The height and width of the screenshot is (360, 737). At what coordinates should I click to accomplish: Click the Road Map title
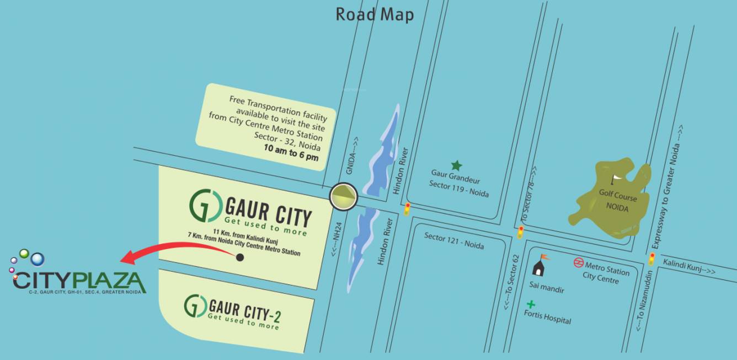[375, 14]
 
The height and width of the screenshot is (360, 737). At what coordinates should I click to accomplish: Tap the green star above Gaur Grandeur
[456, 165]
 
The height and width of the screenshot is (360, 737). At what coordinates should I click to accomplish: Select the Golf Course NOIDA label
[617, 202]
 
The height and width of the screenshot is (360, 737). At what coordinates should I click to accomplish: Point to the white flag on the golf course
[616, 179]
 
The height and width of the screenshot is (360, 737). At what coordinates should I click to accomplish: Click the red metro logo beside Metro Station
[579, 262]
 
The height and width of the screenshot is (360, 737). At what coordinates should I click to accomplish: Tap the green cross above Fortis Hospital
[531, 304]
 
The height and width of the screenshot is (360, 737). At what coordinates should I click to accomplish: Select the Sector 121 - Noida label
[454, 240]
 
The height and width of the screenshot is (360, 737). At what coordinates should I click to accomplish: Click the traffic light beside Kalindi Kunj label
[651, 259]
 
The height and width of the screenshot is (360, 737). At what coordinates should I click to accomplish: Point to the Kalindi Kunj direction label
[688, 267]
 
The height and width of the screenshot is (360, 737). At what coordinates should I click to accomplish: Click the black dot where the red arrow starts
[239, 257]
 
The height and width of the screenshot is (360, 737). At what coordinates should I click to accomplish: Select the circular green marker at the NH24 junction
[344, 196]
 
